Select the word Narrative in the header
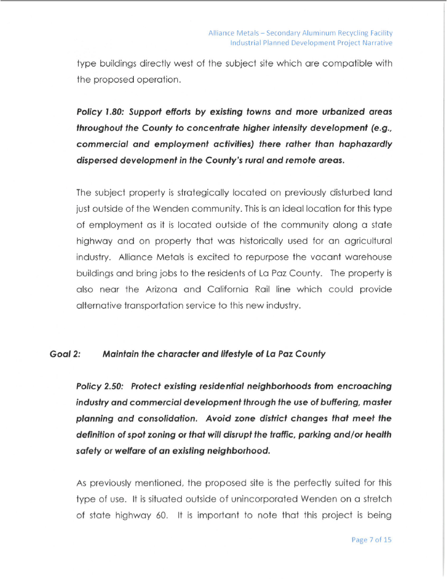pos(375,43)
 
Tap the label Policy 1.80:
pos(96,112)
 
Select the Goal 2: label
pos(65,354)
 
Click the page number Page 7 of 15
pos(371,540)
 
